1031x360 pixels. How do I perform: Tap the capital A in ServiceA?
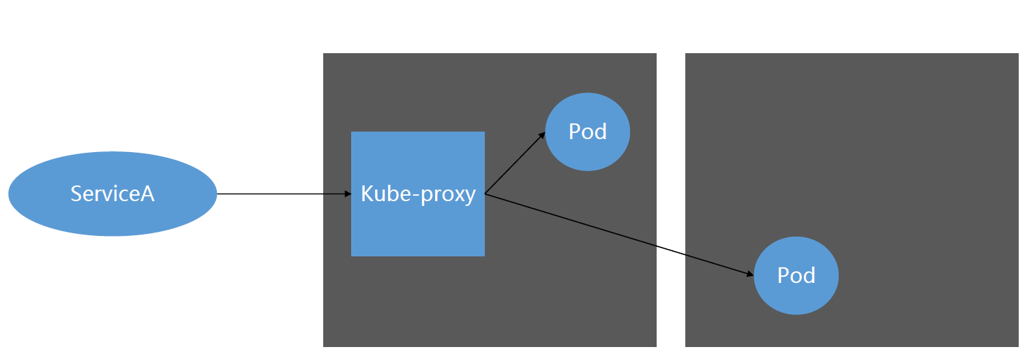(147, 194)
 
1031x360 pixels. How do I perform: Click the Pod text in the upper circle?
(587, 131)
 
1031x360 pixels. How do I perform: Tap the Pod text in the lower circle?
(796, 275)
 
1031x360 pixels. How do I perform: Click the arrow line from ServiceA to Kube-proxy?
(283, 194)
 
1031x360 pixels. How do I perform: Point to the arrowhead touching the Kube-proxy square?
(348, 194)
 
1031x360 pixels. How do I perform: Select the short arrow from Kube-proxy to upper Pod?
(515, 164)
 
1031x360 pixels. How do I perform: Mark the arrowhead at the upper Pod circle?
(542, 135)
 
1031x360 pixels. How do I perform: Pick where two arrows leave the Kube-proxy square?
(485, 194)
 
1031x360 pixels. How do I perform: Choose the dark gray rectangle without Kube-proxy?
(886, 136)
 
